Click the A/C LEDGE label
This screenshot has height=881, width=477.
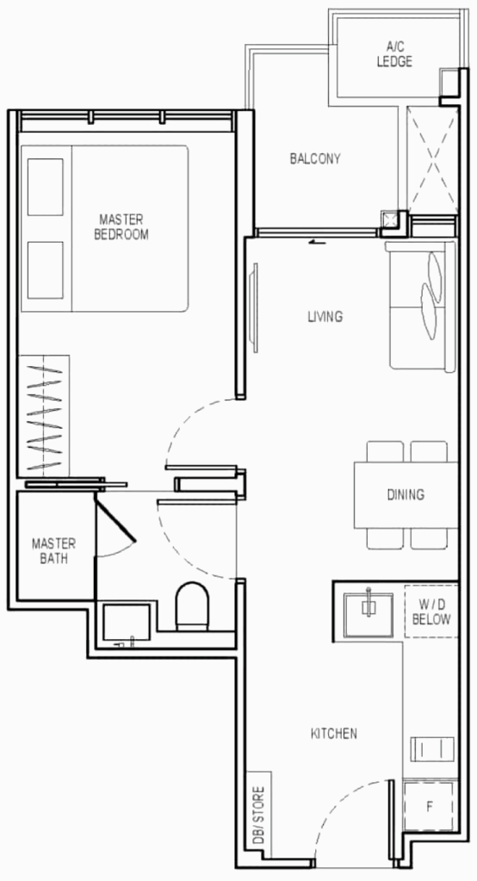[x=394, y=54]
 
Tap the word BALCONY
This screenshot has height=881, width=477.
[x=315, y=158]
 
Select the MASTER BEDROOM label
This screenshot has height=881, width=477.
[x=121, y=227]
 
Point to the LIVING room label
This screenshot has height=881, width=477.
[x=325, y=317]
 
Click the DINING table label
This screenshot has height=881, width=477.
[x=406, y=494]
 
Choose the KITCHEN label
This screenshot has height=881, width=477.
[x=334, y=733]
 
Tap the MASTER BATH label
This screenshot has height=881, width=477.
[x=54, y=551]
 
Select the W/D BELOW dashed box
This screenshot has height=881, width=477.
[x=431, y=611]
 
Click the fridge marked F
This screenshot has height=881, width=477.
[x=430, y=807]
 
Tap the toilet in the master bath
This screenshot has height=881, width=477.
[x=192, y=606]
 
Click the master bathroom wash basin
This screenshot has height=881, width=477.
[x=127, y=623]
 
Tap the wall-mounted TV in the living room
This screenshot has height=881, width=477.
[x=255, y=308]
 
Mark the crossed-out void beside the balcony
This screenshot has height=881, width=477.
[x=432, y=158]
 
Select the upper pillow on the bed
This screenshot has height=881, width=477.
[x=45, y=188]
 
